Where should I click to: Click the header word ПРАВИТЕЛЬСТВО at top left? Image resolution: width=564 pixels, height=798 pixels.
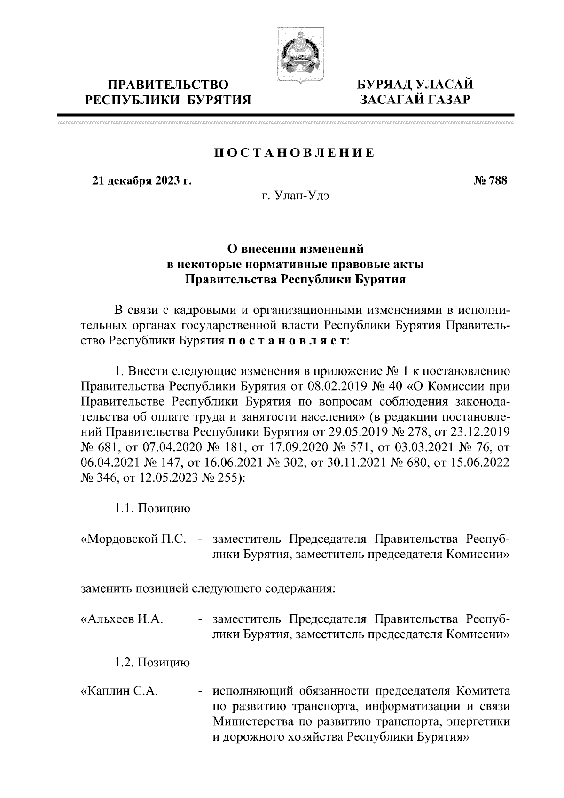168,85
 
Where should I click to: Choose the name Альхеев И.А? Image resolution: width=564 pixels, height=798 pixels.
123,619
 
